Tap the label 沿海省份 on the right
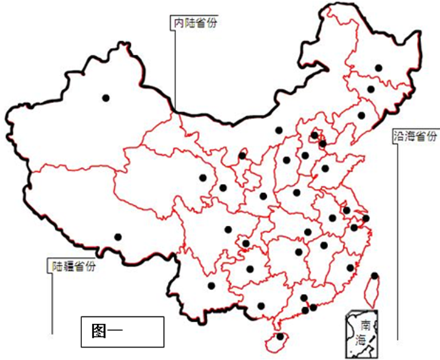coord(414,136)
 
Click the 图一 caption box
coord(122,331)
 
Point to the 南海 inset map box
coord(363,333)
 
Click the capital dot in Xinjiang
coord(106,97)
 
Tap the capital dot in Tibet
coord(118,237)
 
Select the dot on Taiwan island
coord(374,276)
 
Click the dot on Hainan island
coord(280,336)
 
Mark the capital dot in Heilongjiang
coord(378,68)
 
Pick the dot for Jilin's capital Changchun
coord(370,89)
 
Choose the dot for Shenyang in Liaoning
coord(361,115)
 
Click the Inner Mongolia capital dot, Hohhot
coord(278,130)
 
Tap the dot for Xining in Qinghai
coord(203,178)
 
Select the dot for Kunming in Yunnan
coord(211,285)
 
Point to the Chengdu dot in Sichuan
coord(228,229)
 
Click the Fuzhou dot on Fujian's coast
coord(350,267)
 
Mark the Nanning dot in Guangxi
coord(261,306)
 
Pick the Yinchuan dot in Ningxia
coord(242,155)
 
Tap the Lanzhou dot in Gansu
coord(223,188)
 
